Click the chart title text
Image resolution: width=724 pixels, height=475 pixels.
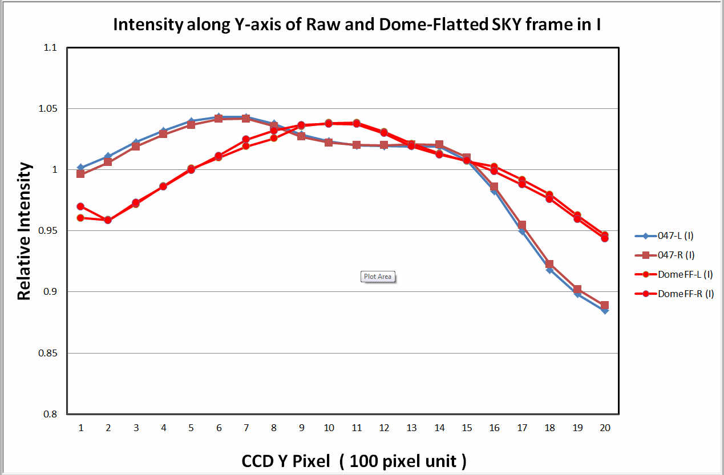[x=357, y=25]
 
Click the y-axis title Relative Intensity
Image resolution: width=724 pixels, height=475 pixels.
[x=23, y=231]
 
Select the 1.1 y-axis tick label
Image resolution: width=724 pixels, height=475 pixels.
[x=51, y=48]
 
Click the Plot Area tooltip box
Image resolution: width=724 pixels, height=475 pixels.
[x=378, y=277]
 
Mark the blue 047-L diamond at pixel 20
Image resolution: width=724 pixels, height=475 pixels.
[x=605, y=311]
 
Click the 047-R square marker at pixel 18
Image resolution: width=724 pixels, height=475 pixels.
[x=549, y=264]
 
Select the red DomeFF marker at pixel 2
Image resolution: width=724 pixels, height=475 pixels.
[x=108, y=220]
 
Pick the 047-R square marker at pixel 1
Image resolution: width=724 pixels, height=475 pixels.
[x=80, y=173]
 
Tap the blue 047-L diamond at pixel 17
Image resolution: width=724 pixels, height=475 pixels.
[x=521, y=232]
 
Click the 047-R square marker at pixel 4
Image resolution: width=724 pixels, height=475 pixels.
[x=163, y=134]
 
